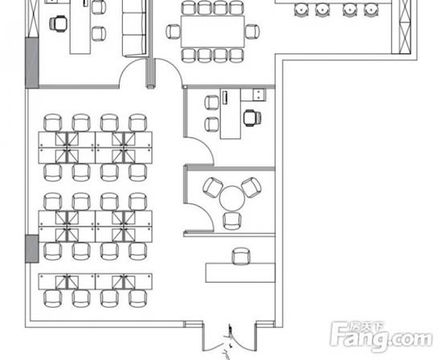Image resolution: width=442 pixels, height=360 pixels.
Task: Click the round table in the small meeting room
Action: (232, 198)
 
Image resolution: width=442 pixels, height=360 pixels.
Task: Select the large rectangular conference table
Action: (212, 31)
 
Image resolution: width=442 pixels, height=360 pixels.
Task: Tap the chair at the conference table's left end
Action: (173, 31)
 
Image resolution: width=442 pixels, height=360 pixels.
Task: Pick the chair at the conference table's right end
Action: (252, 31)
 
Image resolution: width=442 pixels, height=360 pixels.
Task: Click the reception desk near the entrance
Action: (240, 272)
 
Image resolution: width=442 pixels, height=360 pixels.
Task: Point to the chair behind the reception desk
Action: (241, 256)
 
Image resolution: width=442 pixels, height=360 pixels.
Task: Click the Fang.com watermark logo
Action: (381, 337)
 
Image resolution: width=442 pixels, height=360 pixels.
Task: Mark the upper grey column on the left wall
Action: (32, 63)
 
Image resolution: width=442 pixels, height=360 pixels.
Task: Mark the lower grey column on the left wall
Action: (32, 248)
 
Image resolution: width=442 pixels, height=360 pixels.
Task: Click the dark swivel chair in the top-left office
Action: (59, 23)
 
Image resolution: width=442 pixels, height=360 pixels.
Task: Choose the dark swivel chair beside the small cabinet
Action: (252, 118)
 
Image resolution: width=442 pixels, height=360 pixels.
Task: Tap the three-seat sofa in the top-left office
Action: (134, 28)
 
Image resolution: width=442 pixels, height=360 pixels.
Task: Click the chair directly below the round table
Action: (232, 221)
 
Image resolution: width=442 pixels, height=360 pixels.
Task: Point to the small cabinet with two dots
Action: (259, 95)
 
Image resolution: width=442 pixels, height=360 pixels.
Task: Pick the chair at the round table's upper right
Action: (252, 187)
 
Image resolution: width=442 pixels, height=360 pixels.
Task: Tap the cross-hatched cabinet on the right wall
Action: (405, 27)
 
